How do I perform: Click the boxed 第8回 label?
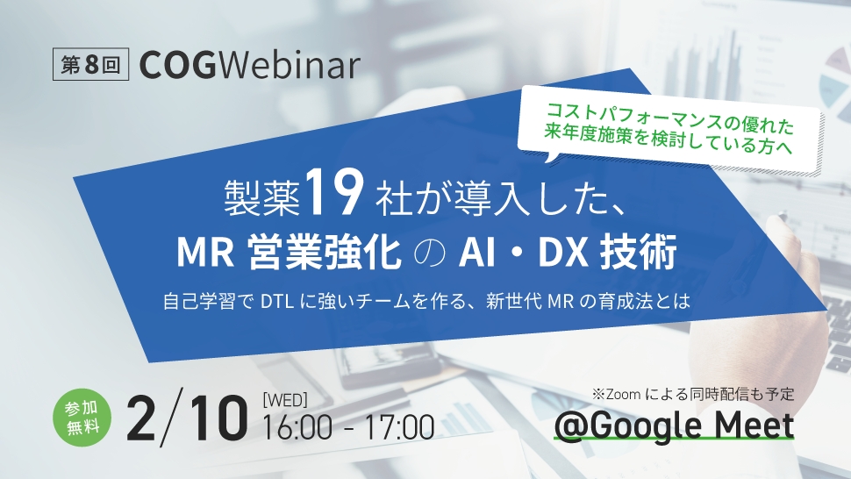coord(90,65)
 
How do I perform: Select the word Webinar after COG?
coord(289,65)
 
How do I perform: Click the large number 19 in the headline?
coord(333,193)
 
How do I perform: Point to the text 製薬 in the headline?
coord(262,197)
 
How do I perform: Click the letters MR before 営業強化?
coord(205,253)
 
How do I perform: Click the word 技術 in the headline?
coord(639,253)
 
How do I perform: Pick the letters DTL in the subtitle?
coord(277,301)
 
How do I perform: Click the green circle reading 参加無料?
coord(82,418)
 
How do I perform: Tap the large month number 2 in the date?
coord(140,418)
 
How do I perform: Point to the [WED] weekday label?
coord(285,400)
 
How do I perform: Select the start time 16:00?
coord(297,427)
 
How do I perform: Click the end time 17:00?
coord(399,427)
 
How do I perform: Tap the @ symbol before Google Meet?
coord(572,426)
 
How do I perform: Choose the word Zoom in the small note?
coord(623,395)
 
